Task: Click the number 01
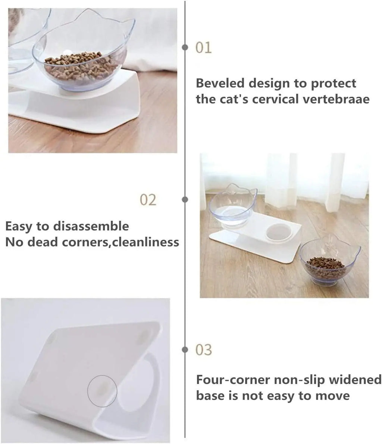(x=204, y=48)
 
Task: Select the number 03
(x=204, y=350)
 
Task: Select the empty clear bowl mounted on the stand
(x=232, y=209)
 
